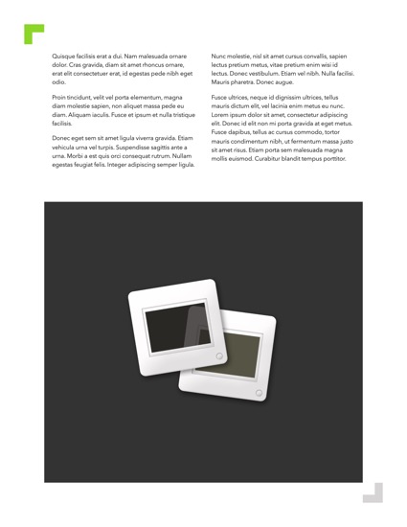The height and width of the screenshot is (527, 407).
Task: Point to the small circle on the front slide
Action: (x=219, y=356)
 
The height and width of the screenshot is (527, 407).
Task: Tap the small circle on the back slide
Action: (x=260, y=392)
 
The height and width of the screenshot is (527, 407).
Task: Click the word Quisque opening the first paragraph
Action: (x=65, y=57)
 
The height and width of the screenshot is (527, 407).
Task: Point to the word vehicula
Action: (x=68, y=149)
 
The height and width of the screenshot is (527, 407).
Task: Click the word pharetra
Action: (x=240, y=81)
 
